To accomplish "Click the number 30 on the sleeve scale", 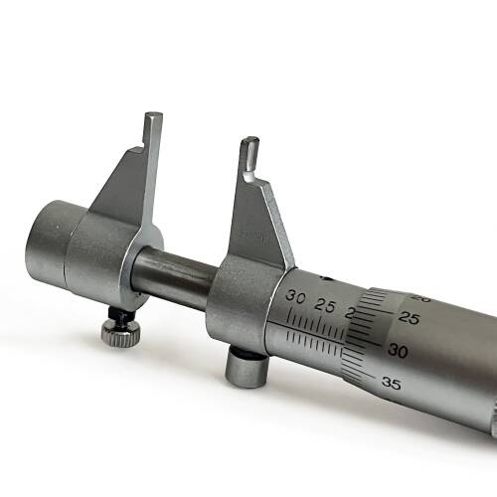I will tap(295, 297).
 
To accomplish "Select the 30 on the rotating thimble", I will tap(398, 351).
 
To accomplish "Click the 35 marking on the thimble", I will tap(390, 383).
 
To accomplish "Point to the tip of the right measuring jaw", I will tap(249, 145).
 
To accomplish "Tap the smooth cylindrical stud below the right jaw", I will tap(244, 368).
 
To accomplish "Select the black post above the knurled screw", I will tap(120, 317).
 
